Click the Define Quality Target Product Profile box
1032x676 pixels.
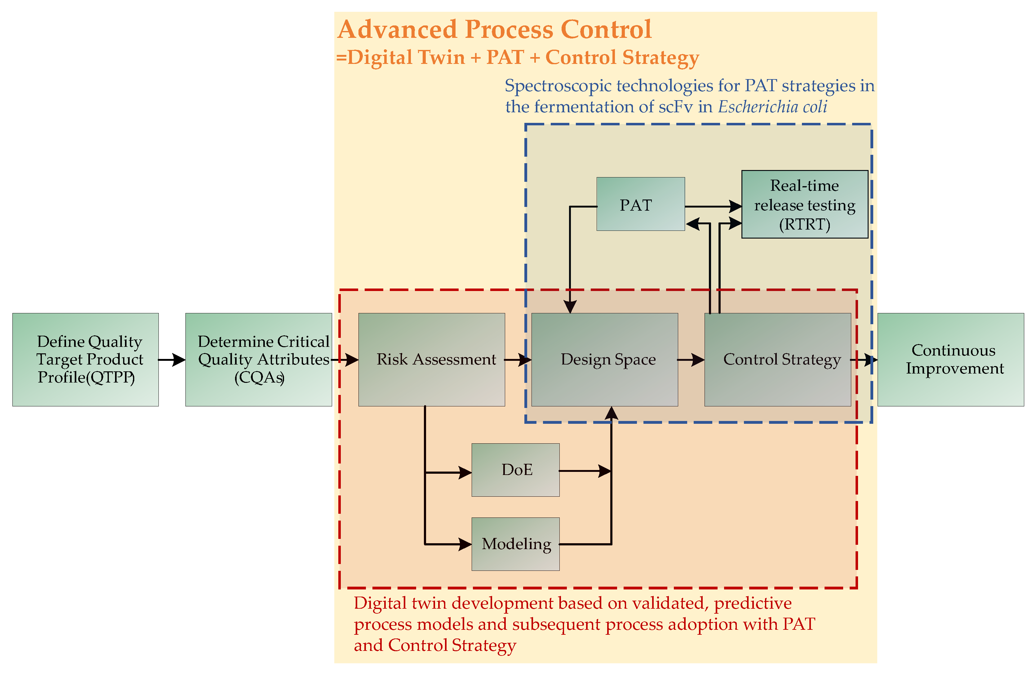tap(85, 359)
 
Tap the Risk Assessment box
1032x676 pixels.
tap(431, 359)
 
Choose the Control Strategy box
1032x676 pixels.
tap(777, 359)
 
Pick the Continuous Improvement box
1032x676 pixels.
tap(950, 359)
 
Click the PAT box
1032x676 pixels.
tap(640, 204)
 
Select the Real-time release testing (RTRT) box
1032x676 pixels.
tap(805, 204)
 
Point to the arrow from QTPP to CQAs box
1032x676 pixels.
tap(172, 360)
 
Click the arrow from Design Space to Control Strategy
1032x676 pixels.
tap(691, 360)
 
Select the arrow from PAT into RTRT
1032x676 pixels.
tap(713, 207)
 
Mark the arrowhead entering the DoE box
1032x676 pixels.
tap(465, 472)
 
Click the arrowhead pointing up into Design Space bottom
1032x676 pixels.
tap(612, 413)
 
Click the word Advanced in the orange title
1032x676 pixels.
tap(397, 29)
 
